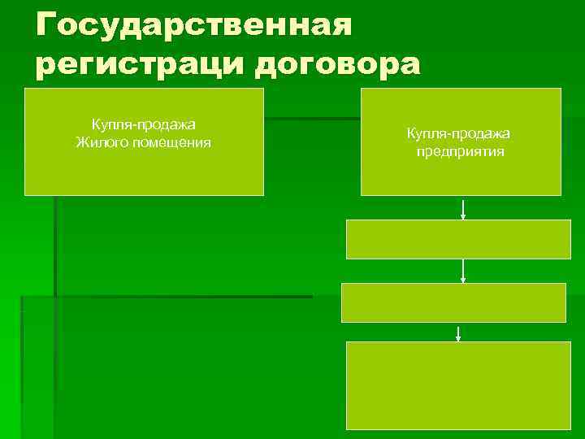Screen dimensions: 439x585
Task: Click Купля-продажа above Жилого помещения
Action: click(143, 124)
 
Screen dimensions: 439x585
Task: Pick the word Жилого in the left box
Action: click(102, 143)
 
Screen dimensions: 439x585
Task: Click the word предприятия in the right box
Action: click(461, 151)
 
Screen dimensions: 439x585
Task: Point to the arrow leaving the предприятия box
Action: click(463, 209)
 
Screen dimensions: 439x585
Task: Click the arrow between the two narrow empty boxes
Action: click(463, 271)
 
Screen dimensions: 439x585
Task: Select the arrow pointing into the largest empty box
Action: click(459, 333)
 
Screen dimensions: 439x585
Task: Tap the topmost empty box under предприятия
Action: click(458, 240)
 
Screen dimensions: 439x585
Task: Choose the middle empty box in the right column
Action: click(453, 302)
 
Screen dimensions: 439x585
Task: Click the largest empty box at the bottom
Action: click(458, 385)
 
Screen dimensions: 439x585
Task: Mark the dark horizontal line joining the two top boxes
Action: click(312, 120)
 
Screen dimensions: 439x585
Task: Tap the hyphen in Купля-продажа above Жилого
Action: click(136, 124)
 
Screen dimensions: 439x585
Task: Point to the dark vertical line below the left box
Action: click(54, 244)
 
